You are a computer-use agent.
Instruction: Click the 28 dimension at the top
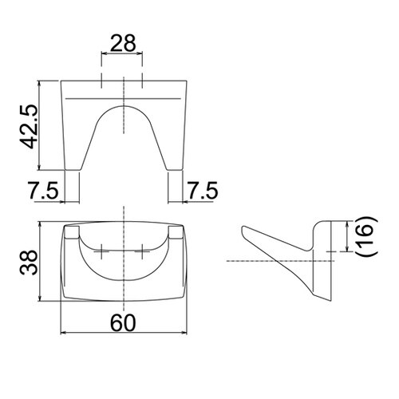click(x=122, y=44)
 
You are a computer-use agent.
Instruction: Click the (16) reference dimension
click(x=365, y=239)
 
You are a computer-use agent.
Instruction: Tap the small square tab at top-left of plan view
click(x=72, y=233)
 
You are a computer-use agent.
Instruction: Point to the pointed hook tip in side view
click(x=243, y=231)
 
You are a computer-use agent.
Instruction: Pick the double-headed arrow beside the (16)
click(x=346, y=238)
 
